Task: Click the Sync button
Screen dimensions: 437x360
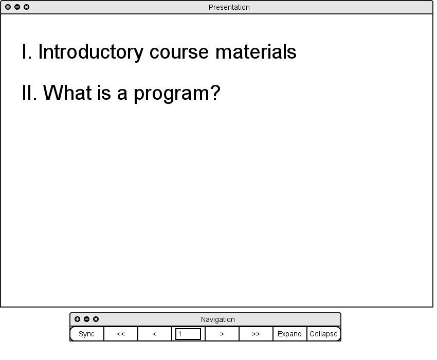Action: click(x=87, y=334)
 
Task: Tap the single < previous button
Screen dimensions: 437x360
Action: click(x=155, y=334)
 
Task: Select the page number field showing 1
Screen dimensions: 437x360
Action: click(x=188, y=334)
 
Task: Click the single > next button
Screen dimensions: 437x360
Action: click(x=222, y=334)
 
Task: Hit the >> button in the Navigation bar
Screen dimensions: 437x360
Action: click(x=256, y=334)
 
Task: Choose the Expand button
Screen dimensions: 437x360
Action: click(x=289, y=334)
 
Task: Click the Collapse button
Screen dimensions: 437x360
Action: click(x=323, y=334)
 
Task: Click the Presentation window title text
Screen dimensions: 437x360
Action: click(x=229, y=7)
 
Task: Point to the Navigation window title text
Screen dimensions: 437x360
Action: click(x=217, y=319)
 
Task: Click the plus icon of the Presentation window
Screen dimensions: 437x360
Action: click(x=8, y=7)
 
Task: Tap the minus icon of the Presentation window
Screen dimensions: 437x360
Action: click(x=17, y=7)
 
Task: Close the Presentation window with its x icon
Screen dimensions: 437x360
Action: click(x=26, y=7)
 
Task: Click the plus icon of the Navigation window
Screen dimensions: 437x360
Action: click(x=78, y=319)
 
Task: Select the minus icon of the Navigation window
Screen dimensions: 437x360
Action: click(x=87, y=319)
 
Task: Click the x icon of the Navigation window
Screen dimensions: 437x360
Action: click(x=96, y=319)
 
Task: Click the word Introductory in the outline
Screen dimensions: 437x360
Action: click(x=91, y=52)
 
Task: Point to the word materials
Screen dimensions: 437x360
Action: click(x=256, y=51)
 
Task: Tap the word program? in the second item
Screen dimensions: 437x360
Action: click(x=177, y=94)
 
